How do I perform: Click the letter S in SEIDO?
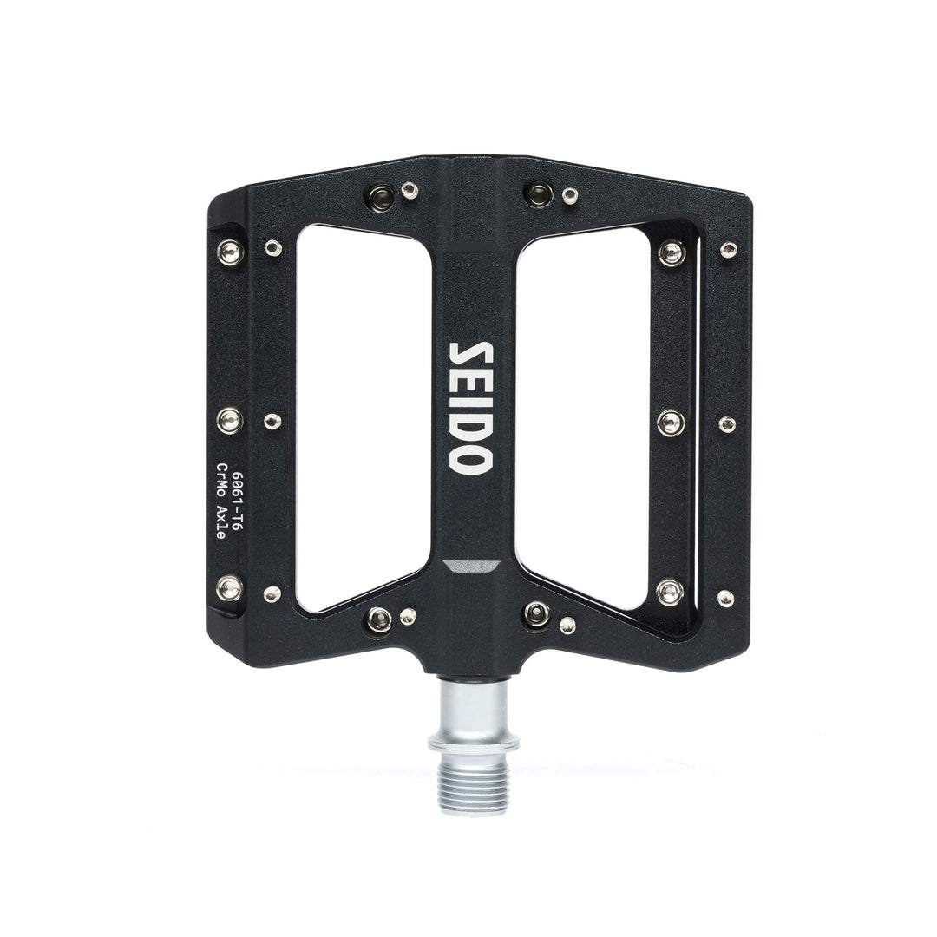point(468,355)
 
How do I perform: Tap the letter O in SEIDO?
point(468,457)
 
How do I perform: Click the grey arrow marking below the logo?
point(468,567)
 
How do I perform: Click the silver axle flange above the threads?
point(468,744)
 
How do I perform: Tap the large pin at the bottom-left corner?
point(230,589)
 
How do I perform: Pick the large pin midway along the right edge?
point(671,423)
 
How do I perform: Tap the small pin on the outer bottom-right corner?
point(724,598)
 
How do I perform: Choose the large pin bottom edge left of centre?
point(377,619)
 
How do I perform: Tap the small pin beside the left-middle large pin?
point(272,422)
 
